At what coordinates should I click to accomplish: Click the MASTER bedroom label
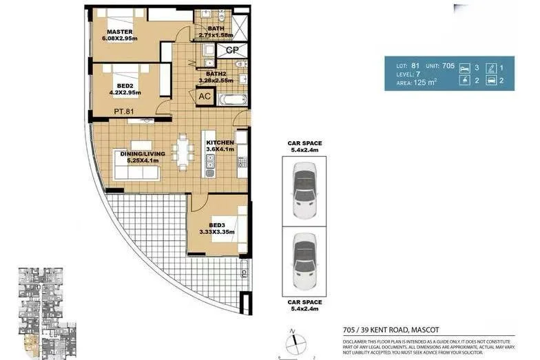point(121,35)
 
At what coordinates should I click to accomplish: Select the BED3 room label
point(217,228)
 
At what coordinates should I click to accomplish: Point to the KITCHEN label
point(219,145)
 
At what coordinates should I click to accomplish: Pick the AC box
point(205,97)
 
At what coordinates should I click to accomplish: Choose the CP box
point(232,50)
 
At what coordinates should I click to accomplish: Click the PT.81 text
point(125,112)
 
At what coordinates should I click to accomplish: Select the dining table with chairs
point(183,153)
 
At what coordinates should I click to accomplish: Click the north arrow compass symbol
point(292,343)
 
